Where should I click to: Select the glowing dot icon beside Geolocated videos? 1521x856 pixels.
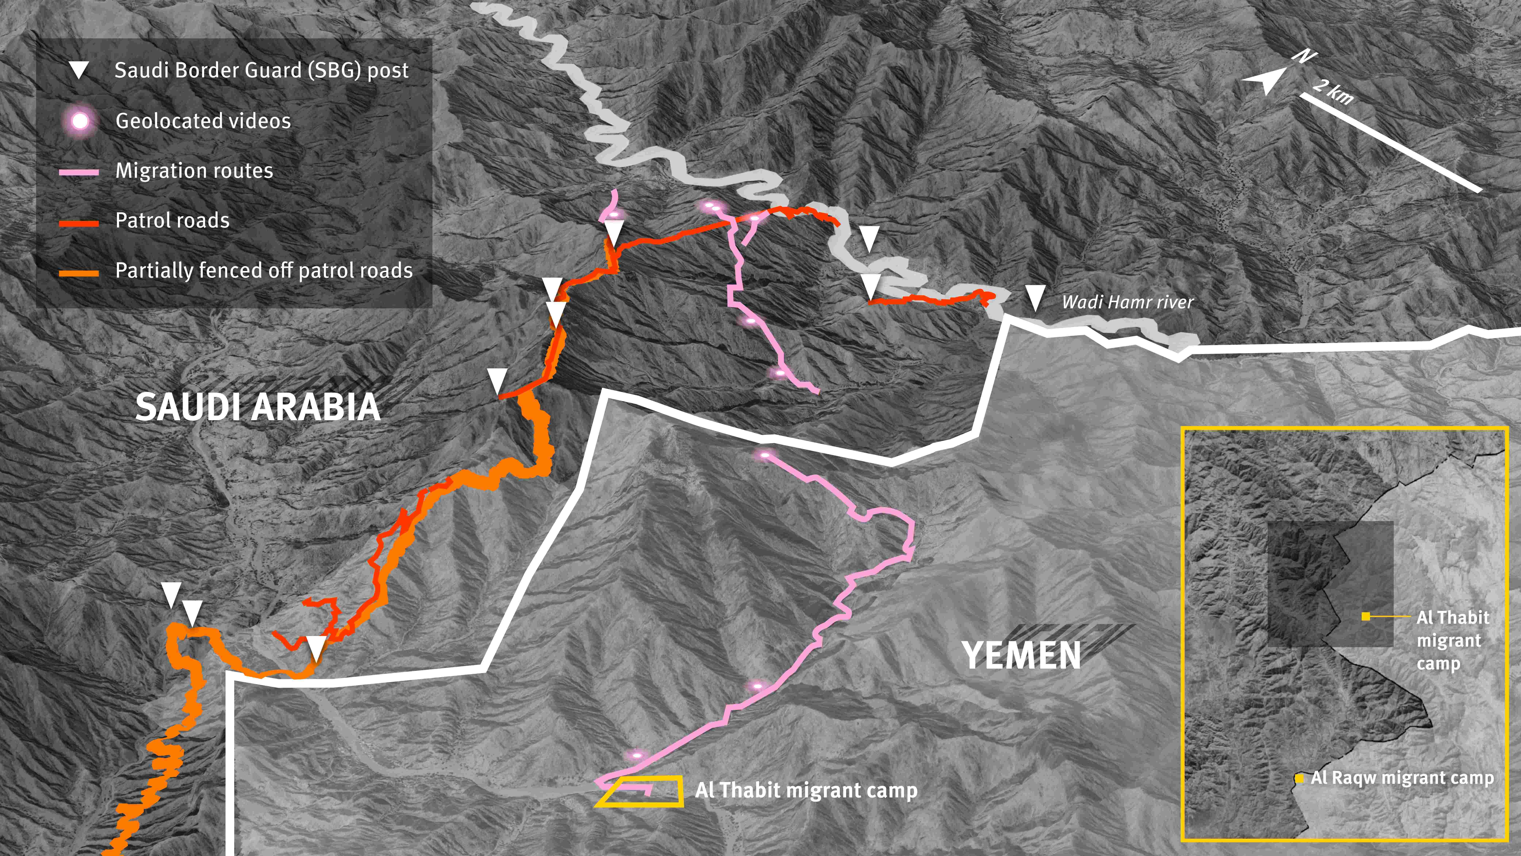pyautogui.click(x=80, y=121)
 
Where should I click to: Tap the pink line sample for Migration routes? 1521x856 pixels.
pyautogui.click(x=79, y=172)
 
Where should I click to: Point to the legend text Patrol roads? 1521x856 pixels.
pyautogui.click(x=172, y=220)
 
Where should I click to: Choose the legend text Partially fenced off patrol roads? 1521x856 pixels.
pyautogui.click(x=263, y=270)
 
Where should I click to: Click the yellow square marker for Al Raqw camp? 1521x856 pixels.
pyautogui.click(x=1299, y=779)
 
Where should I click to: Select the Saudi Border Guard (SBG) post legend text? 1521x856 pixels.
pyautogui.click(x=261, y=70)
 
